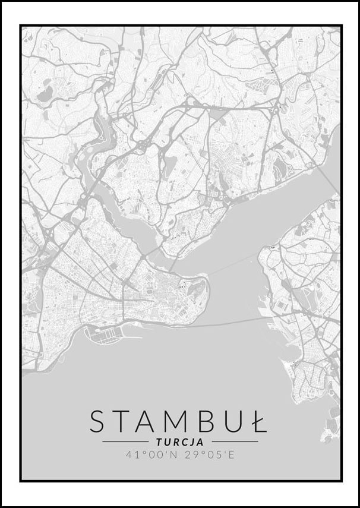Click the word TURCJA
180,442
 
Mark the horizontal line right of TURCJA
235,442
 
